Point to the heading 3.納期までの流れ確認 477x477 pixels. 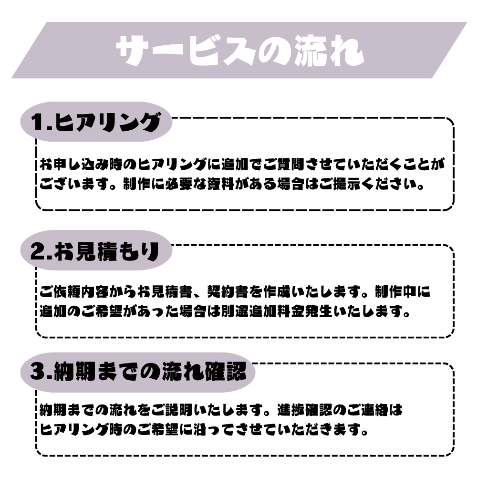click(138, 373)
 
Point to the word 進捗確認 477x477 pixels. click(311, 410)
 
